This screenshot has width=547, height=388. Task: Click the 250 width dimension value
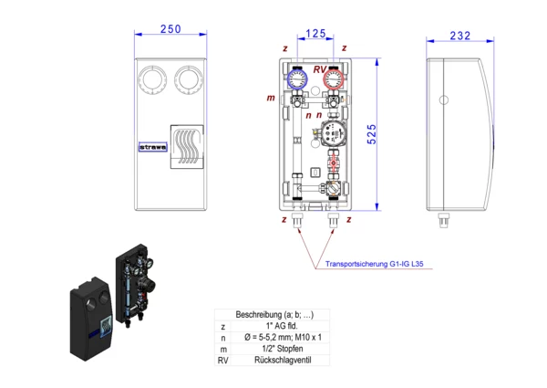point(170,29)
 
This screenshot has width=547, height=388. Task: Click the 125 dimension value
point(315,34)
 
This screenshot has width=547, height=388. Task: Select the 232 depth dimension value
point(460,36)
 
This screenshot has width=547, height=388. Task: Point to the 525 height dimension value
point(372,134)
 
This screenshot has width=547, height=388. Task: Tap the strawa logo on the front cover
point(153,147)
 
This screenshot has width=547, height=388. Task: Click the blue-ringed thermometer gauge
point(297,79)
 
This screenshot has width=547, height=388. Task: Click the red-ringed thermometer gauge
point(334,79)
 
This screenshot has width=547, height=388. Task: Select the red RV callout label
point(320,69)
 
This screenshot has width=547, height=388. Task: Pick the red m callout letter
point(271,98)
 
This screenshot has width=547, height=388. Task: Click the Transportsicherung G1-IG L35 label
point(375,264)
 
